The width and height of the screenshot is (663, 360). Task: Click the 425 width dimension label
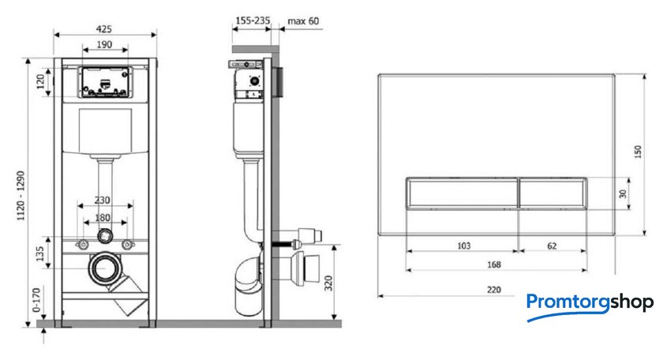tap(104, 29)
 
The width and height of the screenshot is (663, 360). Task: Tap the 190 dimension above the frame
tap(104, 44)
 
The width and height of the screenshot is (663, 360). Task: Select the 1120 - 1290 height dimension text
tap(21, 196)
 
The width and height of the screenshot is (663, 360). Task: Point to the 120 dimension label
tap(40, 81)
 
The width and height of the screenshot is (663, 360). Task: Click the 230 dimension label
tap(103, 200)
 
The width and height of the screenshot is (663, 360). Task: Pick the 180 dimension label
tap(103, 217)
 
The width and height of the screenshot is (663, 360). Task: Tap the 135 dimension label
tap(39, 254)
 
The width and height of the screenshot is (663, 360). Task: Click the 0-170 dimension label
tap(37, 300)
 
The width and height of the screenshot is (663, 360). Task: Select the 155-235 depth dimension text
tap(253, 21)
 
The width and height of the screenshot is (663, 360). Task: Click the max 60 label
tap(303, 21)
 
